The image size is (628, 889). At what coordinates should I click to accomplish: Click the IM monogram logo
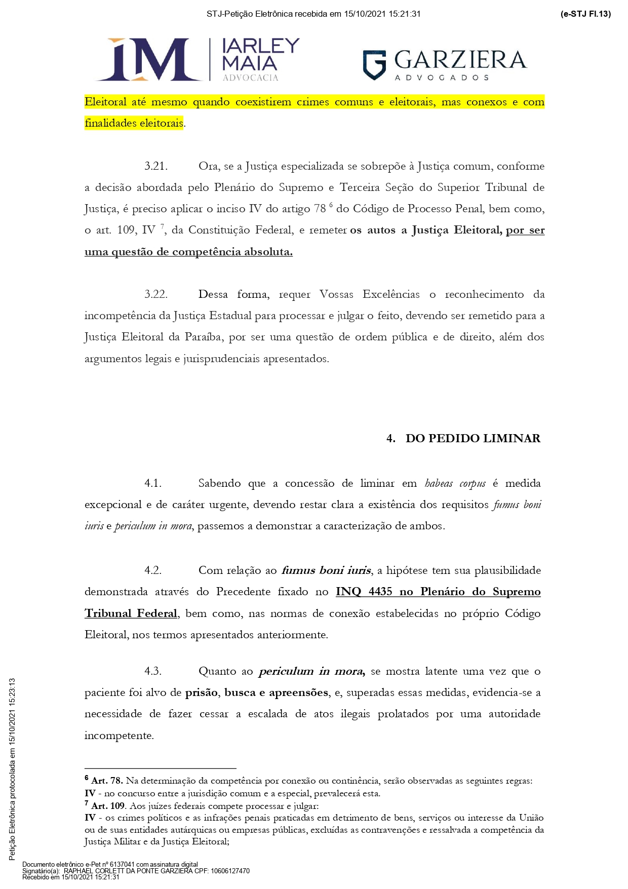(147, 59)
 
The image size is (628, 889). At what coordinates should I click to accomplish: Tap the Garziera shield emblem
(374, 65)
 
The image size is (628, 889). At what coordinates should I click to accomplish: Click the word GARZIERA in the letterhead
(460, 60)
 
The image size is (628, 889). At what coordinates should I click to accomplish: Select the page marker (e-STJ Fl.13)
(585, 14)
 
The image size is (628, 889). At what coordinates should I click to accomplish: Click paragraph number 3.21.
(156, 166)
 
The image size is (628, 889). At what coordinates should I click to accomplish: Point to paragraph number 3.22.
(156, 294)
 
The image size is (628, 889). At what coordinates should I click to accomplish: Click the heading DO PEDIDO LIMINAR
(473, 438)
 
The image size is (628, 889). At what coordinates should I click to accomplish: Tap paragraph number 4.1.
(153, 483)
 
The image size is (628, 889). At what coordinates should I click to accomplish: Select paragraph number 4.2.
(153, 570)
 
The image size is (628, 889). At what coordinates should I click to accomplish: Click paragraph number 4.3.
(153, 671)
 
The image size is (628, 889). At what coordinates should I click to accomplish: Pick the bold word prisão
(202, 692)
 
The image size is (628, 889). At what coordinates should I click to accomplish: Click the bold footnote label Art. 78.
(107, 781)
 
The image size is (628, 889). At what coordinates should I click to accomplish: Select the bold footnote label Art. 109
(109, 805)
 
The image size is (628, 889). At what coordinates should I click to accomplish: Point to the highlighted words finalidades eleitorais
(134, 123)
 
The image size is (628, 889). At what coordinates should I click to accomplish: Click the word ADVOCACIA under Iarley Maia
(250, 78)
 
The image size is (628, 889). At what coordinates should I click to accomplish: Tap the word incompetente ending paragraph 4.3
(119, 736)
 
